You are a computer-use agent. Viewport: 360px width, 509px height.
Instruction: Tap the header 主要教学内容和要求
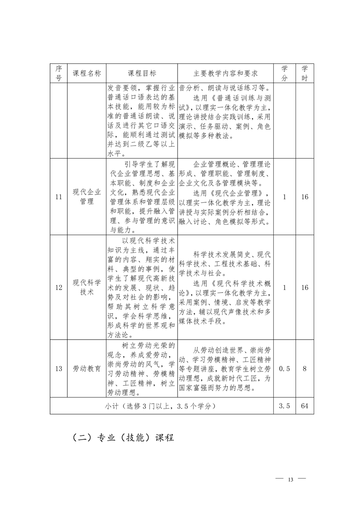point(226,73)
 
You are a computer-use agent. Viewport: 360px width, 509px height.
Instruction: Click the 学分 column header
point(285,73)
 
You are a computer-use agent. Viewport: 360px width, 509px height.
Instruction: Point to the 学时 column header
point(305,73)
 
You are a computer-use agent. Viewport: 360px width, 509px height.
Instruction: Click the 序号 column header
point(59,73)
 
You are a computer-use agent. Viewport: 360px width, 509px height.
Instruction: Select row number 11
point(59,197)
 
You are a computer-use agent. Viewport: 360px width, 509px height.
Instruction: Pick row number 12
point(59,287)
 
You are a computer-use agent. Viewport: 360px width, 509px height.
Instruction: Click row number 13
point(59,369)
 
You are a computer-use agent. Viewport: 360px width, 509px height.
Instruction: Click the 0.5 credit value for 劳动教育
point(285,369)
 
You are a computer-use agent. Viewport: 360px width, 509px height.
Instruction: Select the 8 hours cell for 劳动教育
point(305,369)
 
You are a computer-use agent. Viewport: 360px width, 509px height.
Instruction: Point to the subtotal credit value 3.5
point(285,406)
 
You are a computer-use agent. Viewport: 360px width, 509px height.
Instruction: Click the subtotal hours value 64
point(305,406)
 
